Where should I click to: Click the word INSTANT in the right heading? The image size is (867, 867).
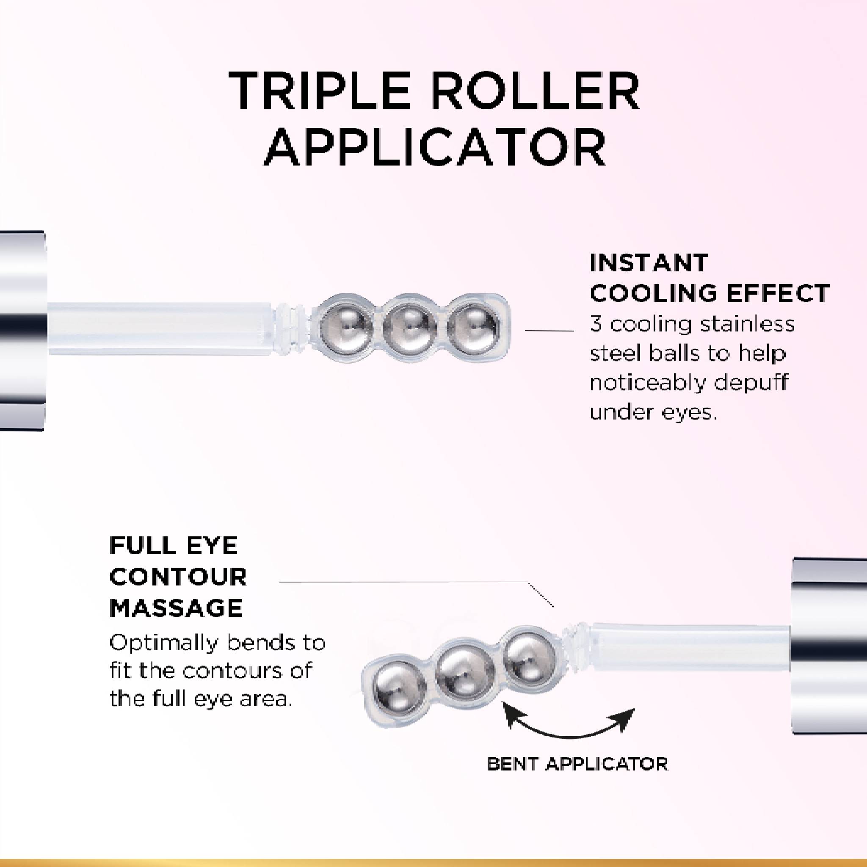click(649, 262)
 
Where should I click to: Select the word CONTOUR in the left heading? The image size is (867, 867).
click(178, 577)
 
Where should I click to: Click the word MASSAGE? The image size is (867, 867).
click(176, 608)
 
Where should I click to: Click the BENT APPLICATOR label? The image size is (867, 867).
click(577, 764)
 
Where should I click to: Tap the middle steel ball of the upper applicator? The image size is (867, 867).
click(409, 324)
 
